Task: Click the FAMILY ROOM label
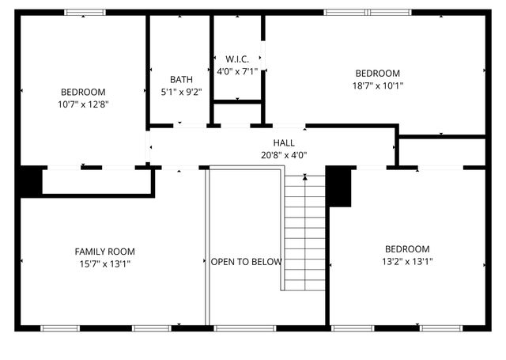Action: [100, 252]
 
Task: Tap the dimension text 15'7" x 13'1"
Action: [100, 263]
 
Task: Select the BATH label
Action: [181, 79]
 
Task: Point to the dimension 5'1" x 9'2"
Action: [181, 91]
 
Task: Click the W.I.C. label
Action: [237, 59]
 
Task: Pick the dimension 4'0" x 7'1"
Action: [237, 71]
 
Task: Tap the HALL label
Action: [284, 143]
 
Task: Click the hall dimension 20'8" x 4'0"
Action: [284, 155]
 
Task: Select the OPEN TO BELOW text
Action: [246, 262]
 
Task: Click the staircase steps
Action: [304, 233]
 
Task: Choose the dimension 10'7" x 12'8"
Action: [82, 104]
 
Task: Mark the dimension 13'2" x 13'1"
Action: [407, 261]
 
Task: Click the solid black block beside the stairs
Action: [338, 187]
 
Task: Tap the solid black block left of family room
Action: [31, 181]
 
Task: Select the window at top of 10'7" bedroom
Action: [85, 13]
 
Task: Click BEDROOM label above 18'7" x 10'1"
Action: [377, 73]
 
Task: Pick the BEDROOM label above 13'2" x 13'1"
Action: [407, 248]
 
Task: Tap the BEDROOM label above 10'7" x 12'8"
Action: [82, 92]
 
